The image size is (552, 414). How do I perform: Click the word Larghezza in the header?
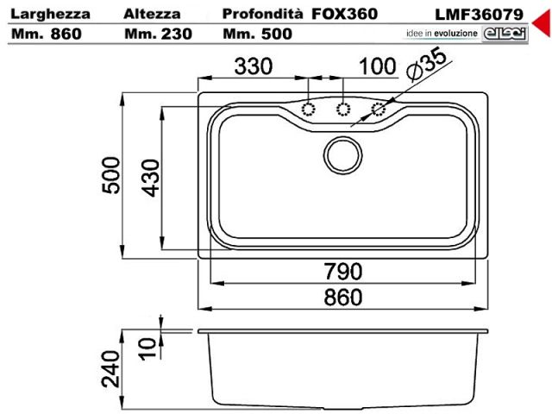(x=50, y=15)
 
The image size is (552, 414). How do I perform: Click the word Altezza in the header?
(x=152, y=14)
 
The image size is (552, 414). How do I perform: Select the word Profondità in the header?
(x=262, y=14)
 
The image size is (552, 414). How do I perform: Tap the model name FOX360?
(x=345, y=14)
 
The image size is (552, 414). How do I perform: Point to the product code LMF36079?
(x=480, y=15)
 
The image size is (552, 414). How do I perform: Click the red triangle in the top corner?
(x=543, y=23)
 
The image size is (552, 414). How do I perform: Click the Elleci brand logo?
(x=505, y=34)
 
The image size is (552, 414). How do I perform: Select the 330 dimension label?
(x=254, y=66)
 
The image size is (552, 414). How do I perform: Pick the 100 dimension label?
(x=378, y=66)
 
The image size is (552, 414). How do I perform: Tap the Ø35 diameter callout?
(x=426, y=62)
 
